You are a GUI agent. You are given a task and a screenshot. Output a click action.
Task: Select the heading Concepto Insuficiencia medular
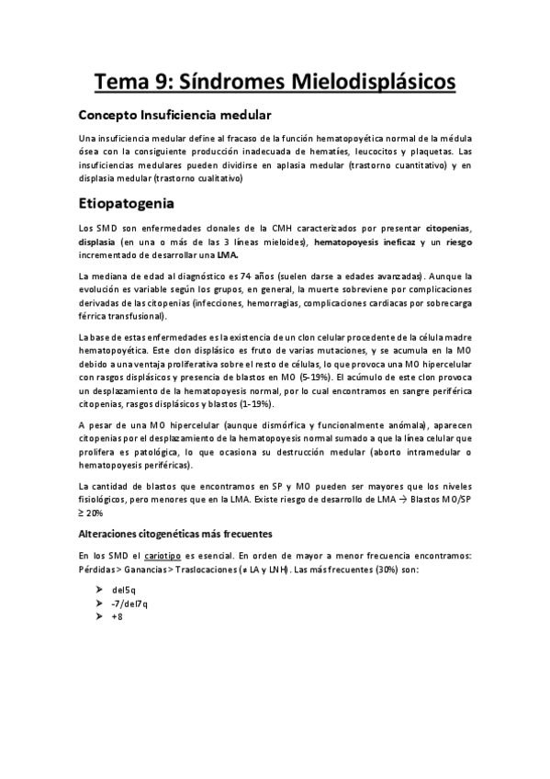174,116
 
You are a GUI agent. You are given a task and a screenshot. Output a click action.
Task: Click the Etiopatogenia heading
134,200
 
